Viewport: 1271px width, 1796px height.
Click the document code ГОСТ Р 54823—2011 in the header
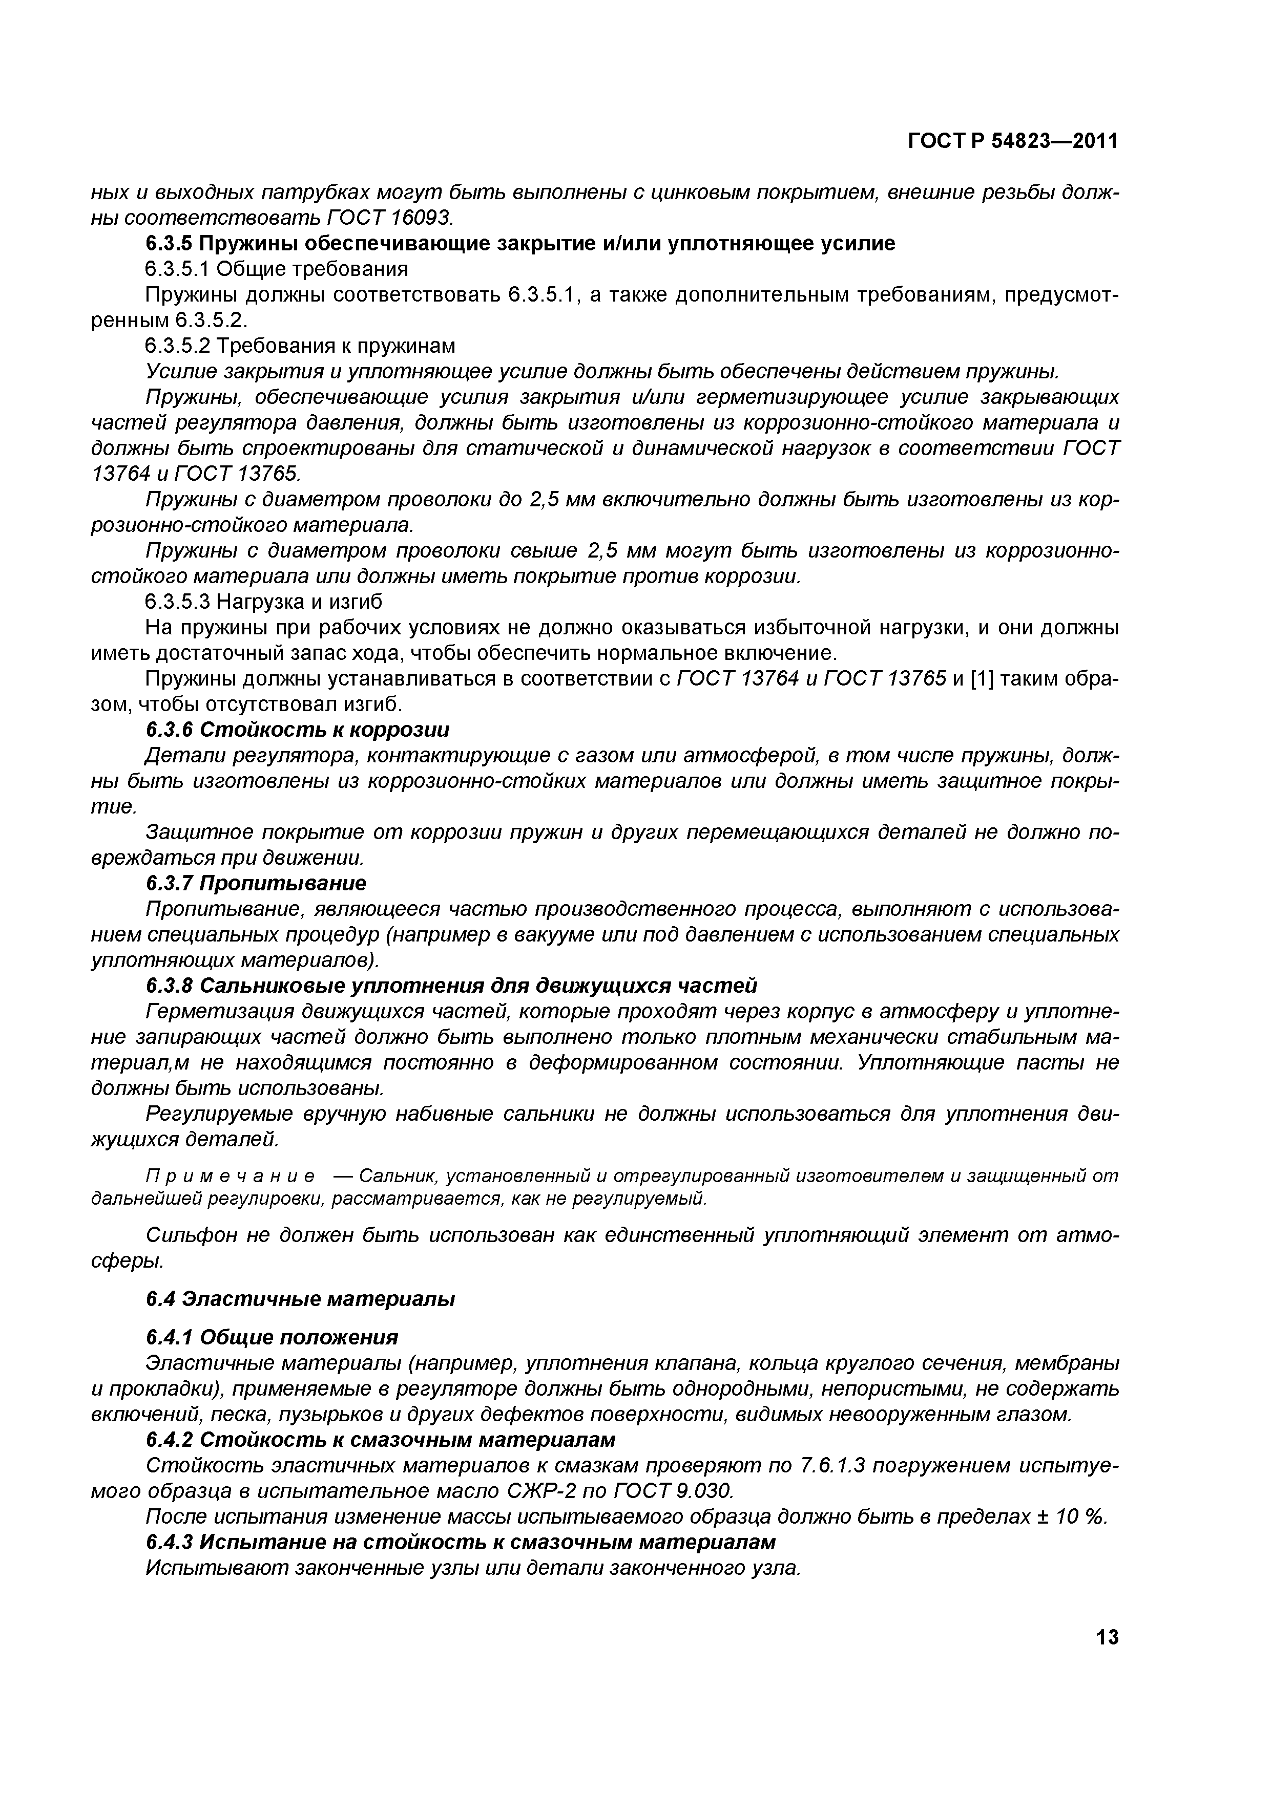1013,141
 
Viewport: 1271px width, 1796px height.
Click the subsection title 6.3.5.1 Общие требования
276,269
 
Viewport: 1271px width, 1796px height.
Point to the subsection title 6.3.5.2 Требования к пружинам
300,346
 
